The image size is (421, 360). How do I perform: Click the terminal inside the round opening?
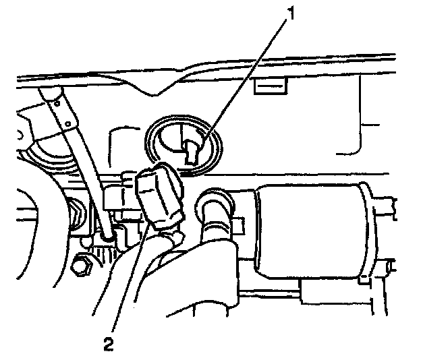[x=190, y=149]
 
